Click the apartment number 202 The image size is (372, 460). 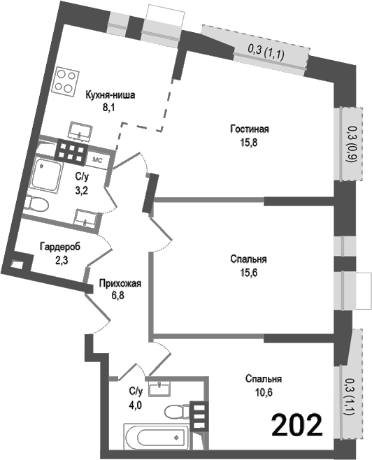[297, 424]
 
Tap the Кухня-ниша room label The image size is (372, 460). [110, 96]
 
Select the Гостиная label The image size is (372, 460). [250, 129]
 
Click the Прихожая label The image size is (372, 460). [121, 283]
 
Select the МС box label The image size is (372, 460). [98, 159]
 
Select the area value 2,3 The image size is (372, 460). [59, 259]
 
